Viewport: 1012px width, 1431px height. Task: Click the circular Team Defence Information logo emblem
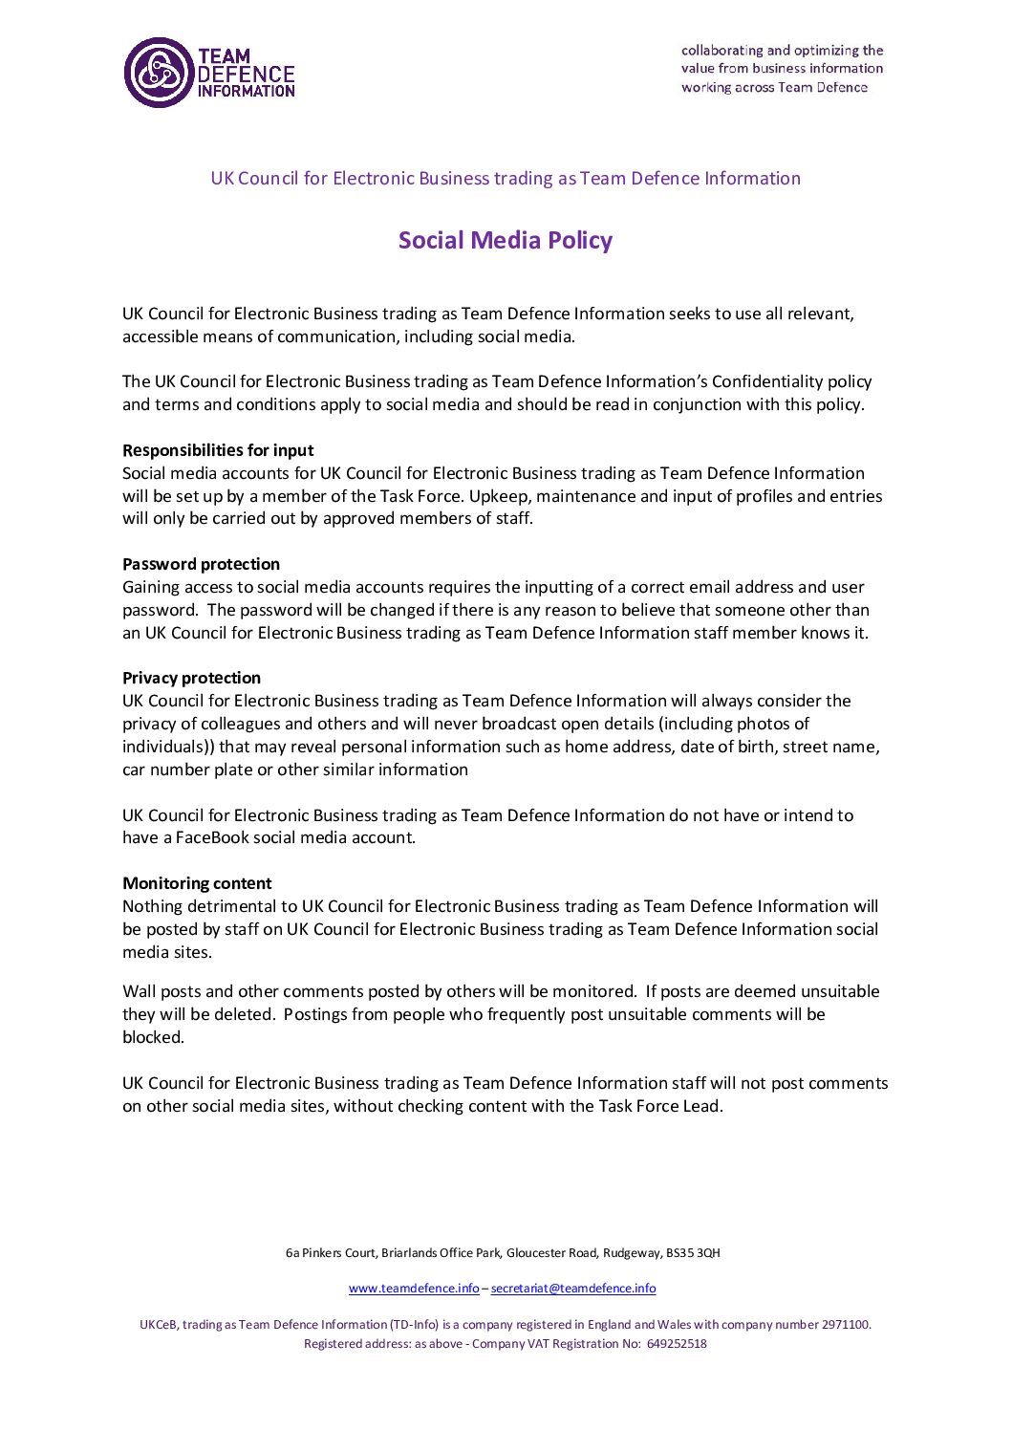click(x=159, y=73)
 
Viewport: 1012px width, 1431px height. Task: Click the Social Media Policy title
click(x=505, y=240)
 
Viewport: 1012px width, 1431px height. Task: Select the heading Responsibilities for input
click(x=218, y=450)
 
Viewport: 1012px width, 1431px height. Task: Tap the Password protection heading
click(x=201, y=564)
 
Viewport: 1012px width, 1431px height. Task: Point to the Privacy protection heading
click(x=191, y=678)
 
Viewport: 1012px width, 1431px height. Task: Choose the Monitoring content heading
click(x=197, y=883)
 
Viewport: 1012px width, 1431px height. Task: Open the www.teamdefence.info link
click(x=414, y=1289)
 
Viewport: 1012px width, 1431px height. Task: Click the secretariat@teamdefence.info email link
click(x=573, y=1289)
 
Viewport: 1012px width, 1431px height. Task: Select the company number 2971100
click(x=846, y=1325)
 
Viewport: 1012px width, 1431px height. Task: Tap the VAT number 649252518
click(x=677, y=1344)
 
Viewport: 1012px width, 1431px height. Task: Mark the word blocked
click(x=152, y=1037)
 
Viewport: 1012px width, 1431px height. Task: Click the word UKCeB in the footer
click(x=159, y=1325)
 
